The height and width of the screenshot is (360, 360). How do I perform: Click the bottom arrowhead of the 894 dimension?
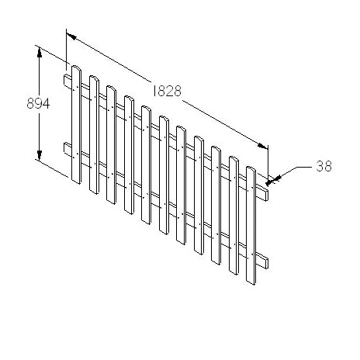[x=38, y=157]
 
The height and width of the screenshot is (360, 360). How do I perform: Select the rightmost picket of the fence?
[x=251, y=225]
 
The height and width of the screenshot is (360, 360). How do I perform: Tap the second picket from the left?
[x=94, y=135]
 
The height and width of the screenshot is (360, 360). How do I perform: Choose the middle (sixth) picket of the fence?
[x=164, y=175]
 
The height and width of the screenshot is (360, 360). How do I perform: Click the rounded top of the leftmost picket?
[x=76, y=68]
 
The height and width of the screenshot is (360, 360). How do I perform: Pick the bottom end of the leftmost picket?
[x=76, y=183]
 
